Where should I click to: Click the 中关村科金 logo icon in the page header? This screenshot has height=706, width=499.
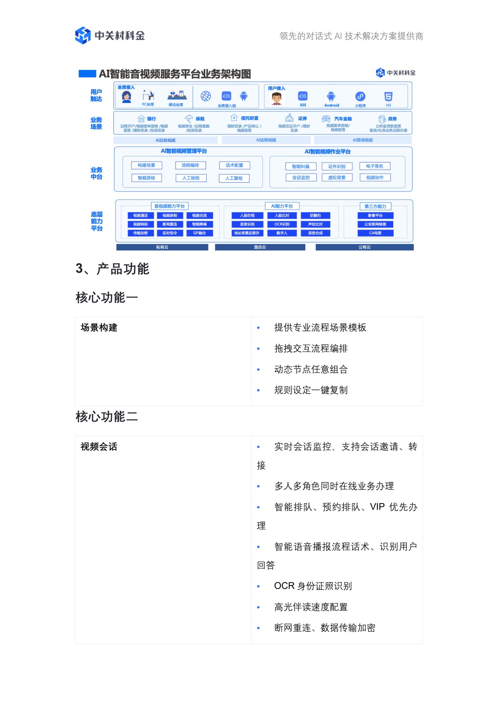tap(83, 35)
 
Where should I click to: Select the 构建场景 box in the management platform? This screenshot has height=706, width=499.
tap(146, 165)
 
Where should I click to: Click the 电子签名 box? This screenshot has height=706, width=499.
tap(375, 166)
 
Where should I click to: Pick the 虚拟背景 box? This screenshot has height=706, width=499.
tap(337, 178)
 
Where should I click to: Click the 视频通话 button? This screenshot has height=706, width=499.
tap(141, 215)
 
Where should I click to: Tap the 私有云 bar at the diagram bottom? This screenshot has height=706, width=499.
tap(162, 247)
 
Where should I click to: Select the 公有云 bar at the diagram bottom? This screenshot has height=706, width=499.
tap(365, 247)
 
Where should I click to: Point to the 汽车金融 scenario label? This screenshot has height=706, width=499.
tap(343, 119)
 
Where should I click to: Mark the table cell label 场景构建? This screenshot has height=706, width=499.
tap(99, 328)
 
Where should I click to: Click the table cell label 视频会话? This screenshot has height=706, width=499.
tap(99, 447)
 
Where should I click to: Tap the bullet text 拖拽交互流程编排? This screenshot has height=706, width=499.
tap(311, 349)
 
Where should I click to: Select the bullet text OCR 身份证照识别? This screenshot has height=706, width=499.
tap(313, 586)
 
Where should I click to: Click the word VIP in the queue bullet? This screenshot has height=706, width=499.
tap(377, 507)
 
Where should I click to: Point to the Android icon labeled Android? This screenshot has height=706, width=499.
tap(331, 96)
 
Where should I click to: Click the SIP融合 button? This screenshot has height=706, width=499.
tap(199, 233)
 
